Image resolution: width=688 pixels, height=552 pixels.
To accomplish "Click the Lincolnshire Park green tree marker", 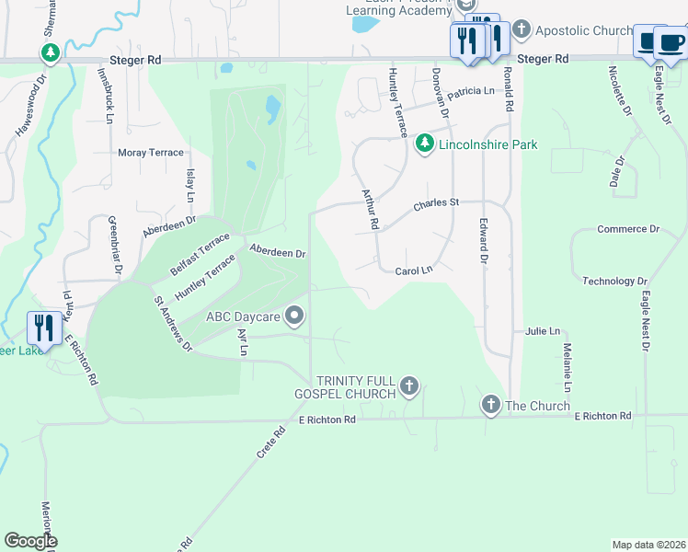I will (x=424, y=144).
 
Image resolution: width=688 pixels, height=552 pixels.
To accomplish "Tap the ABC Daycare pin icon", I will (x=295, y=316).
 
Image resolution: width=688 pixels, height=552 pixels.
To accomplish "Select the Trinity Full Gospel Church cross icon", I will (x=409, y=386).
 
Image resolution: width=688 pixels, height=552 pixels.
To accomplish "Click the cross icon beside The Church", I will (x=490, y=405).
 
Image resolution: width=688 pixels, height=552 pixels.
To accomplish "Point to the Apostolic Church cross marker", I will (x=521, y=30).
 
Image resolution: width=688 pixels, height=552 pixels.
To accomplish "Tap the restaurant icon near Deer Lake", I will (x=44, y=327).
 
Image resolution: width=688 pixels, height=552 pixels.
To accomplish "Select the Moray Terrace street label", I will (x=151, y=153).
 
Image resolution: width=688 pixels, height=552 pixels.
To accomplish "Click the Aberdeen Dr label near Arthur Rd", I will (x=278, y=251).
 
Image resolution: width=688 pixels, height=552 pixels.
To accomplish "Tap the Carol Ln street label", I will (x=413, y=271).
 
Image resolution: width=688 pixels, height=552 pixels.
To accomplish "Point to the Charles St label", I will (x=435, y=203).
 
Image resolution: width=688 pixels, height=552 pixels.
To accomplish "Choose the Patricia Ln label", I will (x=471, y=91).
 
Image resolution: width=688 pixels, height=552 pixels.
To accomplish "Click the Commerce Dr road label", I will (x=628, y=229).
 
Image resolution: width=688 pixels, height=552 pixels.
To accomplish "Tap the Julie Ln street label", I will (x=543, y=331).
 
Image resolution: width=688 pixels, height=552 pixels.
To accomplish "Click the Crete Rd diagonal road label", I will (x=265, y=443).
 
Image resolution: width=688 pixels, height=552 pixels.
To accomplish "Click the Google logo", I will (x=30, y=541).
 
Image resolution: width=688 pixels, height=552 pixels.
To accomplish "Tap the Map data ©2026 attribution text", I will (x=648, y=545).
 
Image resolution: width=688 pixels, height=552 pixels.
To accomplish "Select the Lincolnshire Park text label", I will (x=487, y=144).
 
